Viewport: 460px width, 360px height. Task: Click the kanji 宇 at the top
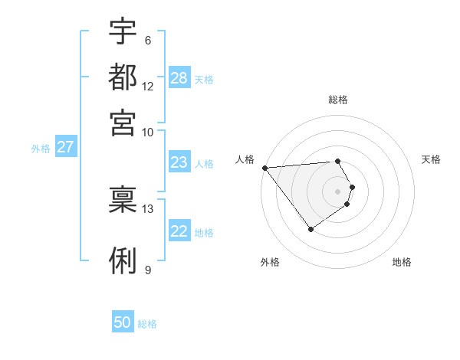click(x=123, y=31)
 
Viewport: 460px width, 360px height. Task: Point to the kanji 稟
click(x=123, y=198)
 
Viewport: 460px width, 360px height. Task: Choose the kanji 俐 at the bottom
click(x=123, y=260)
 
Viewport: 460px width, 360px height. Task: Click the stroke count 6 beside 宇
click(x=147, y=41)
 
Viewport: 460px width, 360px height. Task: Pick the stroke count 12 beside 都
click(x=148, y=86)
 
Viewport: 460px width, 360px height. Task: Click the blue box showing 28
click(x=179, y=77)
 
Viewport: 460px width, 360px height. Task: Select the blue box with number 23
click(x=179, y=162)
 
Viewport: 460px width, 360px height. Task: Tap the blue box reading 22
click(x=179, y=231)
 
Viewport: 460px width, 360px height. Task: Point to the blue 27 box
click(x=65, y=147)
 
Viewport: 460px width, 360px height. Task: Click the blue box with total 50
click(x=123, y=322)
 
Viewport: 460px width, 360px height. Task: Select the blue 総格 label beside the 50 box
click(x=147, y=324)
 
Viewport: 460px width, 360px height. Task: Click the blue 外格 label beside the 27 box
click(x=41, y=149)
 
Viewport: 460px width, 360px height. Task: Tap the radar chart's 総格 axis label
click(x=338, y=100)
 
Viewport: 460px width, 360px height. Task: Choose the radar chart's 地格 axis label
click(x=402, y=262)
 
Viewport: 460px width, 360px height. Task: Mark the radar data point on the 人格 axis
click(x=264, y=168)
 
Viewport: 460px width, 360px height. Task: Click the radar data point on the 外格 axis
click(x=310, y=229)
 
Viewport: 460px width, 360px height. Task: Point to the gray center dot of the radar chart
click(x=338, y=191)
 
